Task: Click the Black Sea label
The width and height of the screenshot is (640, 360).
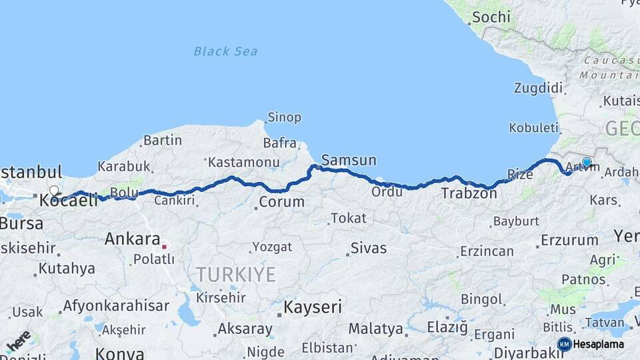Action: tap(225, 51)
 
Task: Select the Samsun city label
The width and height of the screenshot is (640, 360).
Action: tap(348, 160)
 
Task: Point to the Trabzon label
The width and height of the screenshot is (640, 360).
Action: tap(469, 193)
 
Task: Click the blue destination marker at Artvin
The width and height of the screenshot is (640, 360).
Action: tap(587, 162)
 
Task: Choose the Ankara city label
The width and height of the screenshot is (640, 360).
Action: tap(132, 239)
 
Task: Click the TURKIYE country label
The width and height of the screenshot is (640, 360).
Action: tap(235, 274)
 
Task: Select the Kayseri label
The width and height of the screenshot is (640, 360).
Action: tap(313, 307)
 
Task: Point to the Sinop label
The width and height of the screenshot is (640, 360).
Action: tap(284, 118)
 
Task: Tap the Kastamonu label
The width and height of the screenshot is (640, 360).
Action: tap(243, 162)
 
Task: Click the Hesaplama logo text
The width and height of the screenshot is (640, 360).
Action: tap(599, 344)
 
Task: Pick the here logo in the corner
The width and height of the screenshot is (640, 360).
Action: tap(18, 341)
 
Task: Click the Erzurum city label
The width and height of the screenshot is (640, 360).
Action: tap(570, 239)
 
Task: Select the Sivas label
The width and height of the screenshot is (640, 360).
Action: tap(368, 248)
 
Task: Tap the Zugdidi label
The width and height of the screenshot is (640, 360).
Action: tap(539, 88)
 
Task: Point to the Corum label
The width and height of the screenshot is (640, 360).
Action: tap(282, 201)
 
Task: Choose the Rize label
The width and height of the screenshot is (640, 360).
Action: tap(519, 175)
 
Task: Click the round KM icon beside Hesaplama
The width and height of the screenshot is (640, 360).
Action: tap(564, 344)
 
